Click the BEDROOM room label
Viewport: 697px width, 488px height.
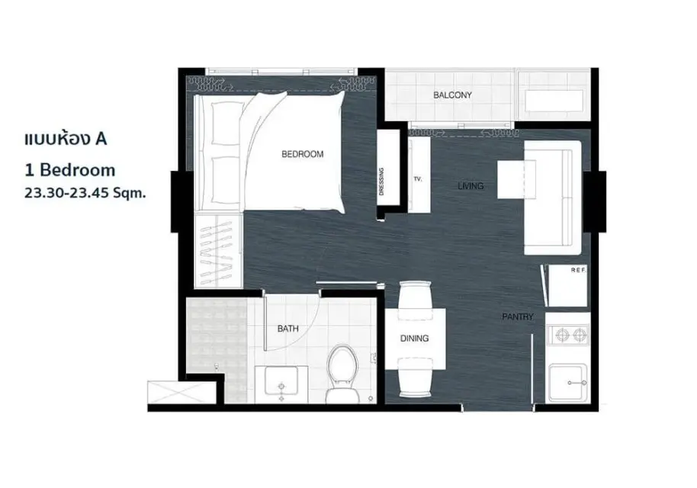click(302, 154)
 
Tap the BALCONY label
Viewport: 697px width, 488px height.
click(452, 95)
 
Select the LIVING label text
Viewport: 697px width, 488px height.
click(471, 186)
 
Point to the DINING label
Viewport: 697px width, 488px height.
click(414, 339)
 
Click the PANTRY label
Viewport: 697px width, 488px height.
click(518, 316)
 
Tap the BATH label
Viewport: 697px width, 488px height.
click(288, 329)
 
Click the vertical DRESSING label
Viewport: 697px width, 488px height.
click(381, 181)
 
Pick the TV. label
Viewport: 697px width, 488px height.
click(417, 179)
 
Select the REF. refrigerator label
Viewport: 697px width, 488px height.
click(579, 270)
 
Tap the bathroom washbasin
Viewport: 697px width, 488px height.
click(281, 381)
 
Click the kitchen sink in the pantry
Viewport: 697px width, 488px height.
click(567, 383)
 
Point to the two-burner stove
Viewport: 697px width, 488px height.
click(568, 335)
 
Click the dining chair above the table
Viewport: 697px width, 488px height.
click(415, 300)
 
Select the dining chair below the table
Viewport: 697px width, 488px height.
click(415, 377)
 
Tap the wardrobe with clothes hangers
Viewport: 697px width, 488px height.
click(218, 251)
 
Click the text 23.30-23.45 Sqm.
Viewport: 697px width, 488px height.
click(85, 194)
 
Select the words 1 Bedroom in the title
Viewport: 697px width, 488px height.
click(70, 170)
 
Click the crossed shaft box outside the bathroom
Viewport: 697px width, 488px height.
click(181, 393)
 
